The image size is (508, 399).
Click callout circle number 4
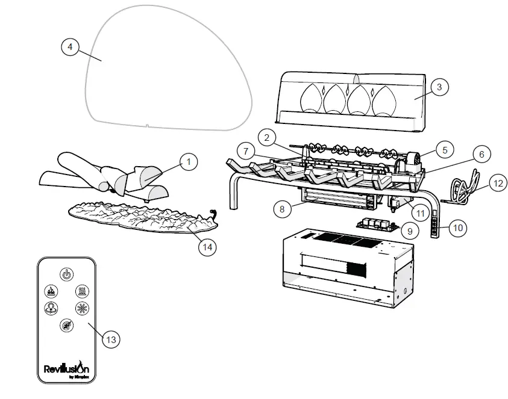tap(71, 46)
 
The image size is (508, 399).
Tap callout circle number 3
tap(439, 87)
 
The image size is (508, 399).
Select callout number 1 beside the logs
tap(188, 161)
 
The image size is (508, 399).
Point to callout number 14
tap(208, 246)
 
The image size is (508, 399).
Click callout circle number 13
tap(110, 340)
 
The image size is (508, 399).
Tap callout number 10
tap(459, 228)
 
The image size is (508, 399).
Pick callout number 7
tap(243, 149)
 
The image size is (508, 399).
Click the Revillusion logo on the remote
tap(66, 368)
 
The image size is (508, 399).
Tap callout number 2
tap(266, 138)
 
